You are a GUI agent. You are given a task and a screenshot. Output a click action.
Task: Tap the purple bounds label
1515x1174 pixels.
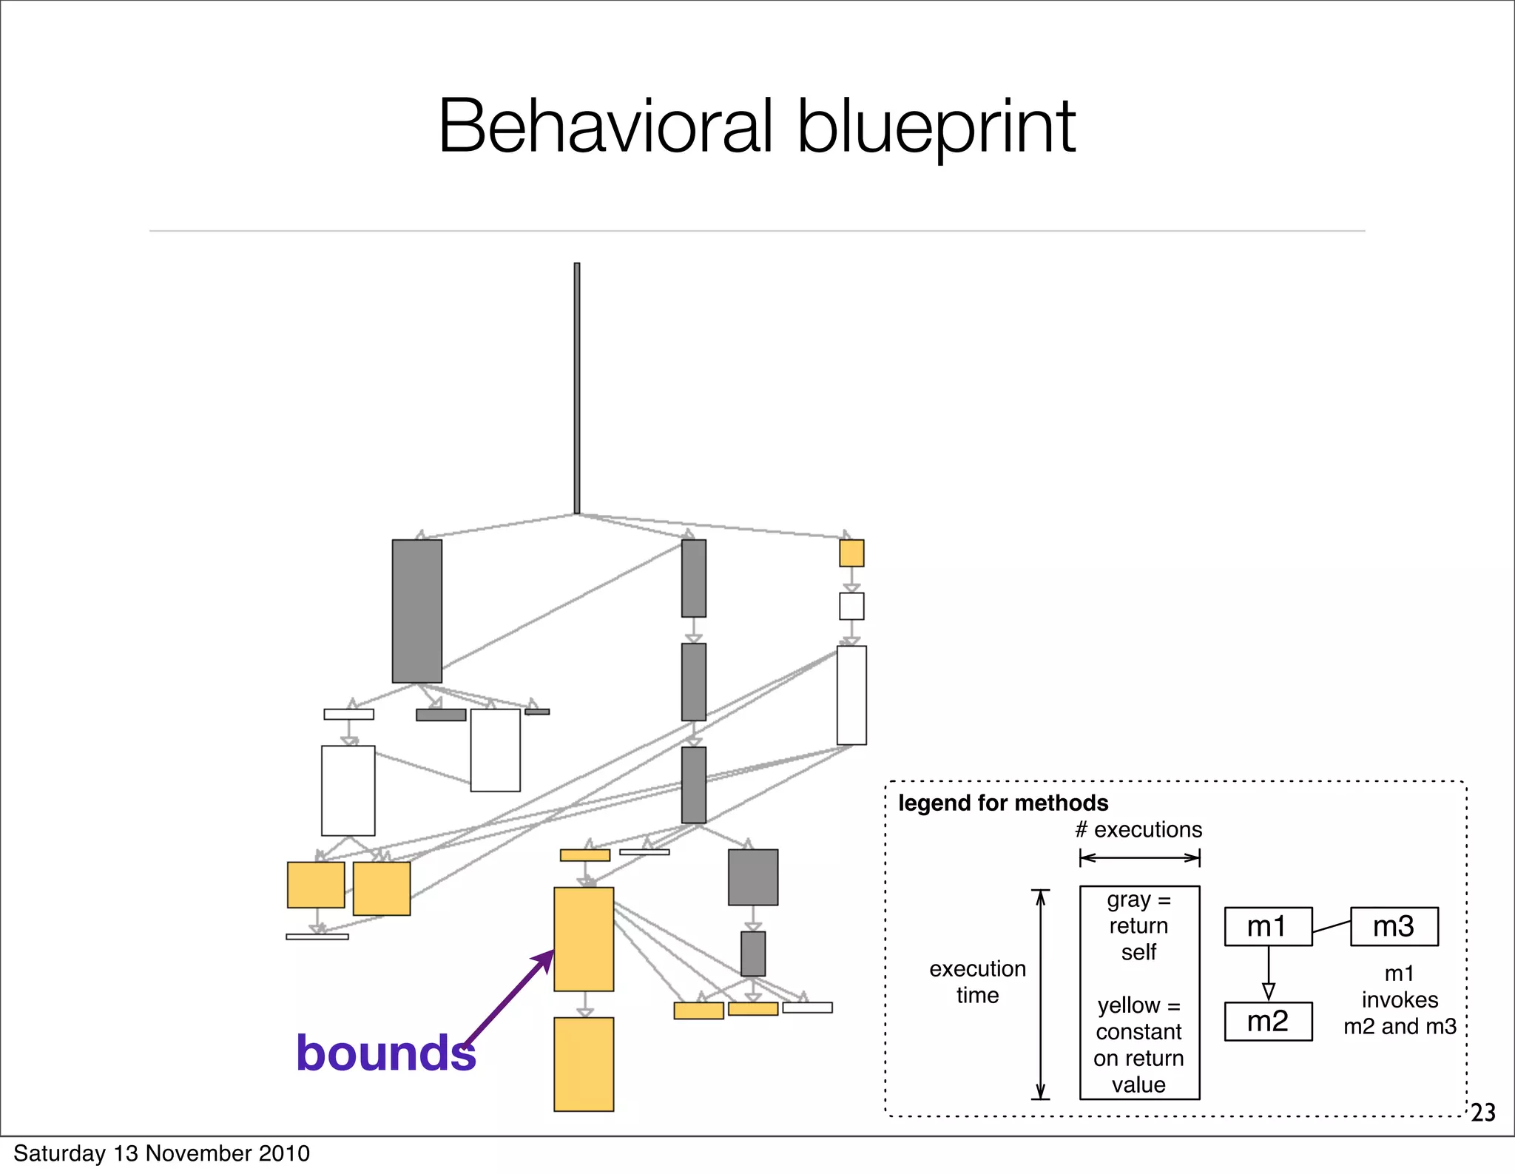[385, 1053]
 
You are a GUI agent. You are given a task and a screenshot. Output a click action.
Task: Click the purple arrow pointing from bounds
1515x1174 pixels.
[510, 997]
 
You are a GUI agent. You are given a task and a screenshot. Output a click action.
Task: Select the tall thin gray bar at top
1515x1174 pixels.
[577, 388]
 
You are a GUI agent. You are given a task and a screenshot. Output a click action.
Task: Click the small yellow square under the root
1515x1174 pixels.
[851, 553]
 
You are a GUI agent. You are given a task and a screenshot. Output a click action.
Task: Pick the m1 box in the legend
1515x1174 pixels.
[1268, 926]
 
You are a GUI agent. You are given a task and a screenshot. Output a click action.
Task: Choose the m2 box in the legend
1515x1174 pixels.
[1268, 1022]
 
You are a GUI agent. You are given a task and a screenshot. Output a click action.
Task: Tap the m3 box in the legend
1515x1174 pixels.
[1394, 926]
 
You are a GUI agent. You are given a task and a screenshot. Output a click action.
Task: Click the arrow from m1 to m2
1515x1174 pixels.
[1269, 974]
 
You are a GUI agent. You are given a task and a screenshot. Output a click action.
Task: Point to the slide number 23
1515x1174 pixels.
[1483, 1113]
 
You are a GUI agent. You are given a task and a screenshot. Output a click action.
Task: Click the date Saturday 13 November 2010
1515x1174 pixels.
[161, 1153]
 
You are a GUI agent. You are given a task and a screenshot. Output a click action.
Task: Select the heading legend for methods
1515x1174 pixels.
[1003, 803]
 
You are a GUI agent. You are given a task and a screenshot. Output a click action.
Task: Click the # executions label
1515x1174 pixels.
[1138, 830]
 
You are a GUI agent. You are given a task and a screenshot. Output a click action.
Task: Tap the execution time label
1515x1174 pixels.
[977, 982]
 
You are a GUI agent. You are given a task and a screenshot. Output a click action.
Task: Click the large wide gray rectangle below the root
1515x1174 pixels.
[417, 611]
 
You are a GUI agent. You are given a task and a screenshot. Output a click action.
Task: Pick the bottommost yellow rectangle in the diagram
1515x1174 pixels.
[584, 1064]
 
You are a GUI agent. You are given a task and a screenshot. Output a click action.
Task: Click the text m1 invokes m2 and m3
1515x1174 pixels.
[1400, 999]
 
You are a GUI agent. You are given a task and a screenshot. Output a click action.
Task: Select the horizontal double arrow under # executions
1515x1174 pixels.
[1139, 858]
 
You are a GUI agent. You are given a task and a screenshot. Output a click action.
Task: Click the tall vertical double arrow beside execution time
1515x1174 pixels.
[1040, 994]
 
